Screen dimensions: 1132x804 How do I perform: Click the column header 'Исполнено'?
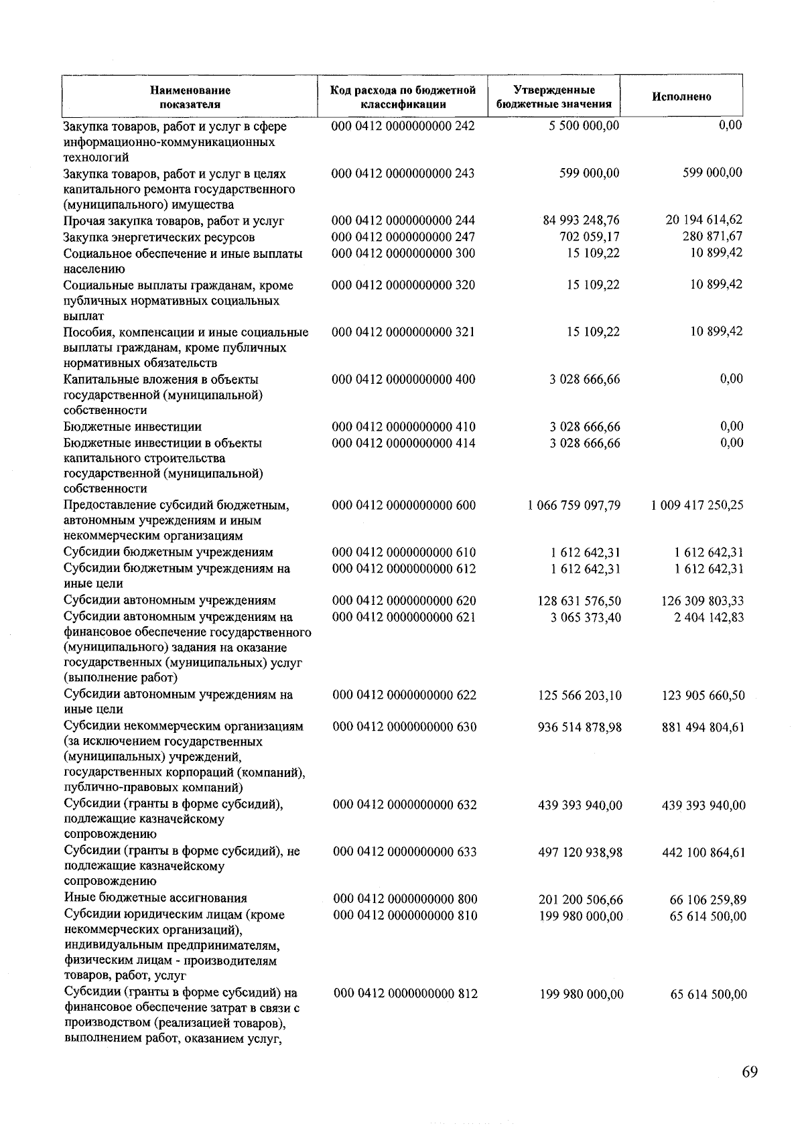[681, 96]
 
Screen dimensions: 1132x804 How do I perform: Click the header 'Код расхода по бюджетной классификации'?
[403, 96]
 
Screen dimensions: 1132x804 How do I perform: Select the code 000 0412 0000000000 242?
[403, 126]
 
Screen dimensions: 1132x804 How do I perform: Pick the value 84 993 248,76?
[581, 220]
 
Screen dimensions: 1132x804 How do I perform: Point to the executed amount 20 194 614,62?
[703, 220]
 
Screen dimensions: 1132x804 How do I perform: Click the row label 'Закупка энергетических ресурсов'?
[159, 237]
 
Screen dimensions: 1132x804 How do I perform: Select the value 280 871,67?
[708, 236]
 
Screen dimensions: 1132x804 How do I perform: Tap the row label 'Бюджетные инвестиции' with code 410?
[133, 427]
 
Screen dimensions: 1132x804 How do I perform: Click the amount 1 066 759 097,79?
[574, 505]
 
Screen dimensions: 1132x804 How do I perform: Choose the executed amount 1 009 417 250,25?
[697, 505]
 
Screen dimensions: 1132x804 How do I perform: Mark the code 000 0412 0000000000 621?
[404, 617]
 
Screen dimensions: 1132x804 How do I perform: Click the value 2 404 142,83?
[709, 617]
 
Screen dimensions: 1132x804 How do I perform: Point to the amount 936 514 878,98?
[580, 727]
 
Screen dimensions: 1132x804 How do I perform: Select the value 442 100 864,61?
[703, 853]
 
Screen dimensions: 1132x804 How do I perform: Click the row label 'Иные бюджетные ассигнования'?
[155, 898]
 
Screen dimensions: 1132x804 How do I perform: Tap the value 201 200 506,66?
[580, 900]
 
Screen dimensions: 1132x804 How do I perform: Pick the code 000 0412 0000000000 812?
[405, 993]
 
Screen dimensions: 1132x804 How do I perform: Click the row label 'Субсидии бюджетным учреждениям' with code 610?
[168, 553]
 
